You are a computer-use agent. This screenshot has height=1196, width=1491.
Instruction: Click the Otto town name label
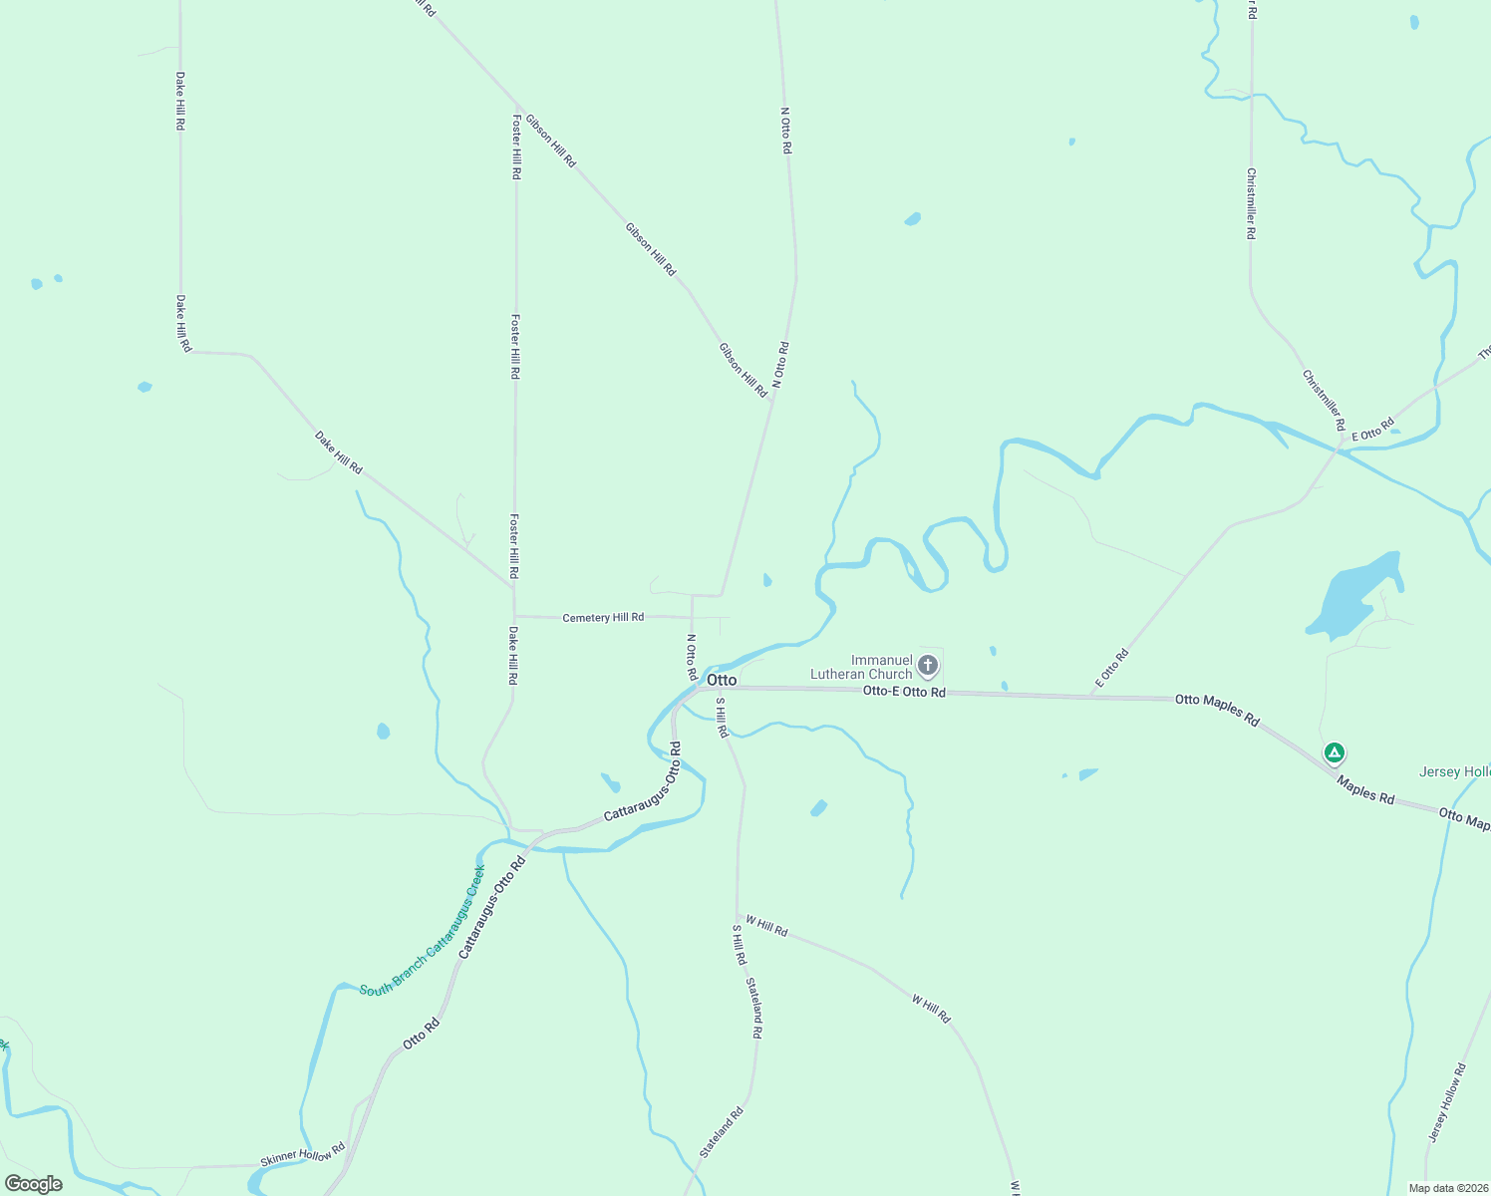click(x=722, y=680)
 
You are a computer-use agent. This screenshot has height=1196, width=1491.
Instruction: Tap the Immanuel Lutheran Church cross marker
click(x=928, y=665)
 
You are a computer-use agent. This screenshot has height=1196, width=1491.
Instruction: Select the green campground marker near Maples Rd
click(x=1334, y=753)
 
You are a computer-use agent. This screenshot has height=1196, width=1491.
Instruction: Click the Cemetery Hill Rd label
click(x=603, y=618)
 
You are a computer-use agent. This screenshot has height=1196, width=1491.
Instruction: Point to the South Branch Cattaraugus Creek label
click(x=423, y=931)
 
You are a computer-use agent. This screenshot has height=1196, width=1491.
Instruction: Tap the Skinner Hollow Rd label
click(x=302, y=1154)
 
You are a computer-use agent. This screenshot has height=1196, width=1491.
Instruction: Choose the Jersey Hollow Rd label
click(x=1446, y=1102)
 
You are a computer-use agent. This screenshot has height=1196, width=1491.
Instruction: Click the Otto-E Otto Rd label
click(x=904, y=691)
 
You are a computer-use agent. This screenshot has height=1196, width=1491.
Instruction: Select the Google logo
click(x=33, y=1184)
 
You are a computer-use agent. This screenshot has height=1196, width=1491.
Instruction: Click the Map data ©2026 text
click(x=1447, y=1188)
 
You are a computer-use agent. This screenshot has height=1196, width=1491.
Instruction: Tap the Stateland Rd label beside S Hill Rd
click(x=754, y=1009)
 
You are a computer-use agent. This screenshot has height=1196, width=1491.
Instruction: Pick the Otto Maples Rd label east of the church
click(x=1217, y=709)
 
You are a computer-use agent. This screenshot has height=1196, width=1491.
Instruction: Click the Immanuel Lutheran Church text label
click(x=861, y=667)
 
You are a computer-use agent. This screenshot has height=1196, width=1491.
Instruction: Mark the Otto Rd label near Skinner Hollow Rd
click(x=421, y=1035)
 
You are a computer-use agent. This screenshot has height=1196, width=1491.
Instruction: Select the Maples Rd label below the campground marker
click(x=1365, y=790)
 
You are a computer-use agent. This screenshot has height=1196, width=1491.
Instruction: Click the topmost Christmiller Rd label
click(x=1251, y=203)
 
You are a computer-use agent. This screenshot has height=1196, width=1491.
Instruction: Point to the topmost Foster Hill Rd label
click(x=516, y=147)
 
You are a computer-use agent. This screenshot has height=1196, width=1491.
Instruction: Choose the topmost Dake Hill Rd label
click(x=180, y=101)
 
